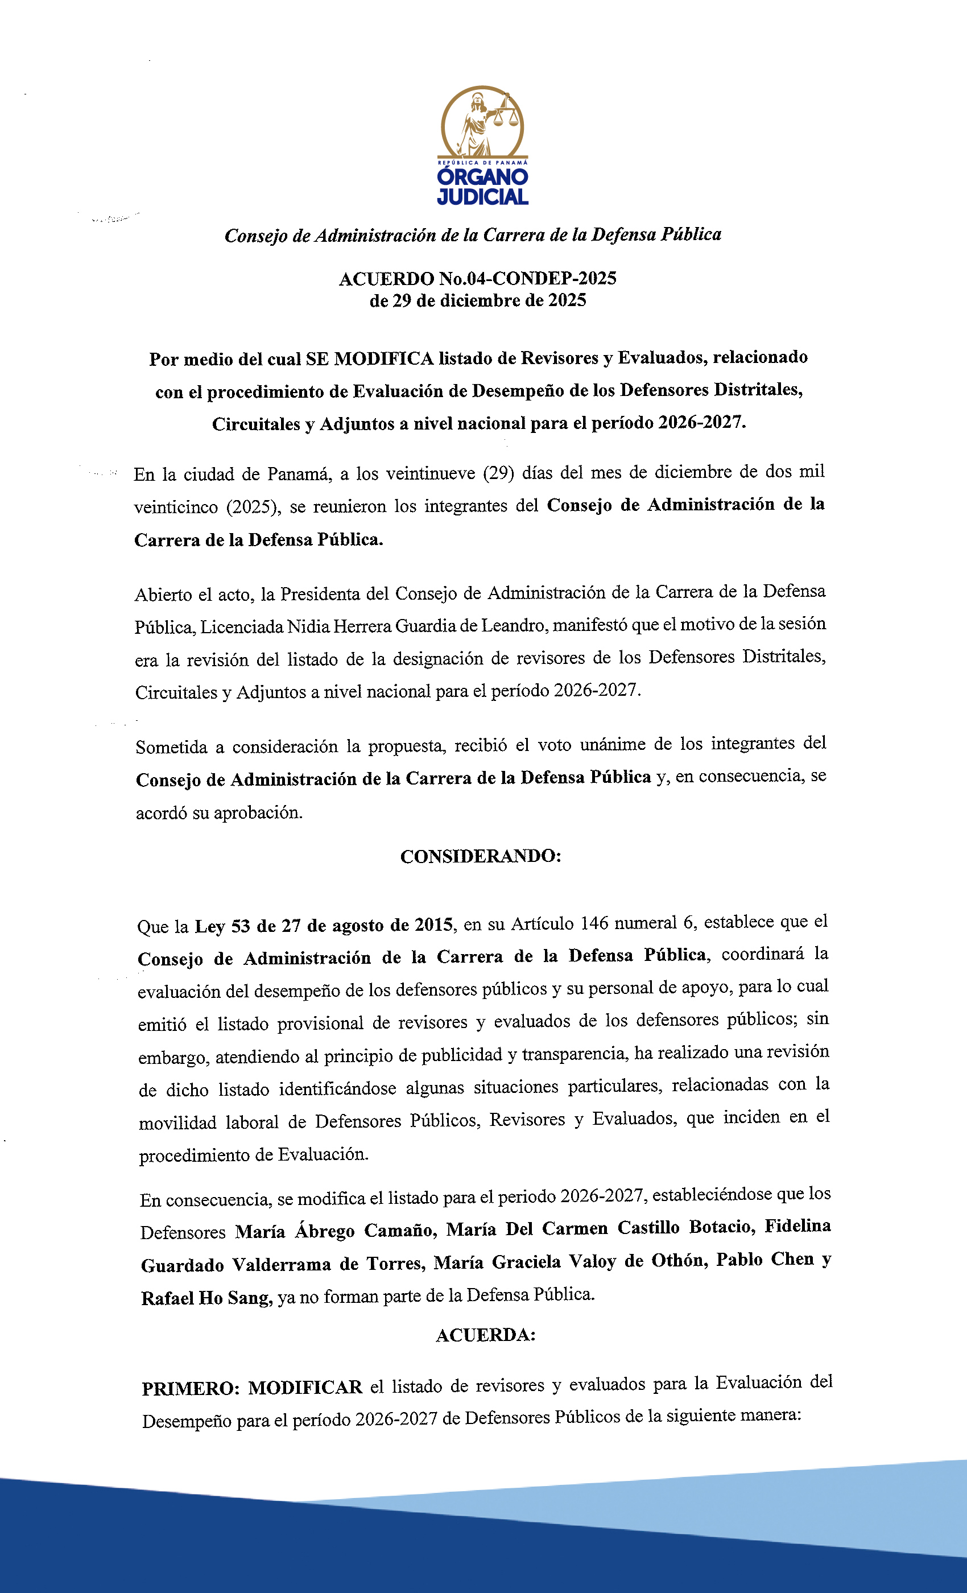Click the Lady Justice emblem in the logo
482,122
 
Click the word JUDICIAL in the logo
482,196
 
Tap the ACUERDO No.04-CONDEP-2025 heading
478,279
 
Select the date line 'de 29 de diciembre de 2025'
478,300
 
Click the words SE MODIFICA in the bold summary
370,359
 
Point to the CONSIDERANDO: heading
480,856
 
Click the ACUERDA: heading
485,1335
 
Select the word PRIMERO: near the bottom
191,1388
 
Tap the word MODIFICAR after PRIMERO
305,1387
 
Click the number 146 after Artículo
594,923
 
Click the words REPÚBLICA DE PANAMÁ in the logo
482,163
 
